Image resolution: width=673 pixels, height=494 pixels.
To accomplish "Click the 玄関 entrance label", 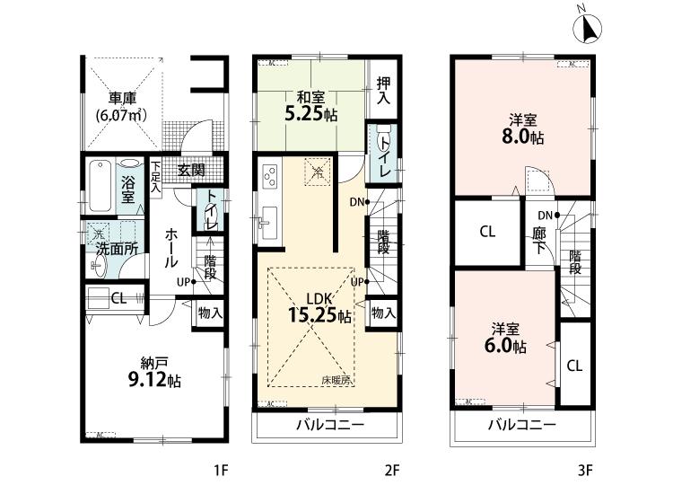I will point(190,171).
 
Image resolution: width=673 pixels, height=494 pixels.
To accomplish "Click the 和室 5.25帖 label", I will point(312,108).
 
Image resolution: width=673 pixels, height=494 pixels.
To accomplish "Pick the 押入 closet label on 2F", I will point(383,90).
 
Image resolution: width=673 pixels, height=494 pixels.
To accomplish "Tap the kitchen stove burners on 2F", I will point(268,179).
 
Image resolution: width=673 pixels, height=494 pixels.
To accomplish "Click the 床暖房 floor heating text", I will point(336,381).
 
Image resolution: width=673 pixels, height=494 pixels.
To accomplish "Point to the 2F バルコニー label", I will point(326,425).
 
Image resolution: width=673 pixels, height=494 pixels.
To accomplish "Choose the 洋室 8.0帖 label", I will point(523,130).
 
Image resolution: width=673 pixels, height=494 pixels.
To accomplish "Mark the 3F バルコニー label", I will point(521,425).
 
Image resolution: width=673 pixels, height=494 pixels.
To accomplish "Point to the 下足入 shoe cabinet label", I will point(155,171).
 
